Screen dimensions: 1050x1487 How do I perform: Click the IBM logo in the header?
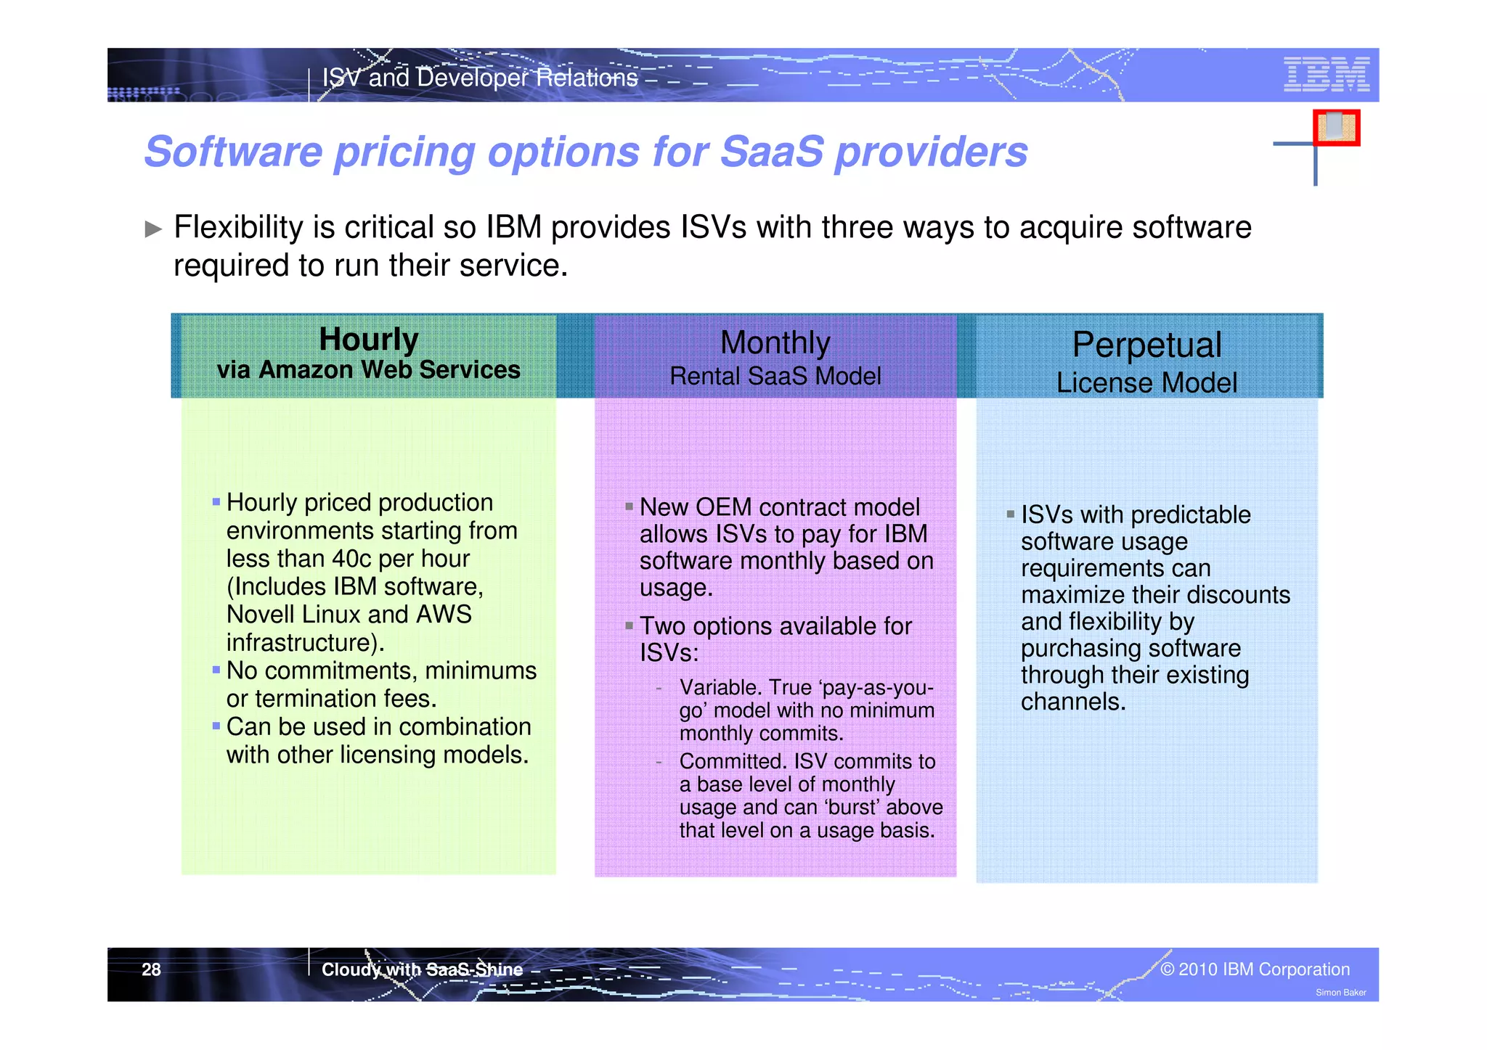pyautogui.click(x=1326, y=74)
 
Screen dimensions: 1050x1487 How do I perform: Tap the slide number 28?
pyautogui.click(x=151, y=969)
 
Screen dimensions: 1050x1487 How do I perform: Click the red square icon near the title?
pyautogui.click(x=1336, y=128)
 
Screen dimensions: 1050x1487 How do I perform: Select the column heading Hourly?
pyautogui.click(x=369, y=339)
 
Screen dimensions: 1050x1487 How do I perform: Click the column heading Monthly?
pyautogui.click(x=775, y=343)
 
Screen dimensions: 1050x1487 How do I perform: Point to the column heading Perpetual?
pyautogui.click(x=1146, y=345)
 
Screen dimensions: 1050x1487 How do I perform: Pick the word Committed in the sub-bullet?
pyautogui.click(x=733, y=761)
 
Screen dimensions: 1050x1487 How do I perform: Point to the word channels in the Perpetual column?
pyautogui.click(x=1072, y=702)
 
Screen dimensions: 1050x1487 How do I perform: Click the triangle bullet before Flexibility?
pyautogui.click(x=153, y=229)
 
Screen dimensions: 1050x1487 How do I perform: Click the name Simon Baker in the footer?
pyautogui.click(x=1340, y=993)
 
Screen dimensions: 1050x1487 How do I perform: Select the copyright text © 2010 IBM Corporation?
pyautogui.click(x=1255, y=969)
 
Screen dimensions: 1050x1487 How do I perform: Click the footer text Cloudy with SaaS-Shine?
pyautogui.click(x=422, y=969)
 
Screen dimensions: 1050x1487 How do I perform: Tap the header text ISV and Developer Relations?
pyautogui.click(x=480, y=78)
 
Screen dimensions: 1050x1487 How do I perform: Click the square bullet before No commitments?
pyautogui.click(x=216, y=670)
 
